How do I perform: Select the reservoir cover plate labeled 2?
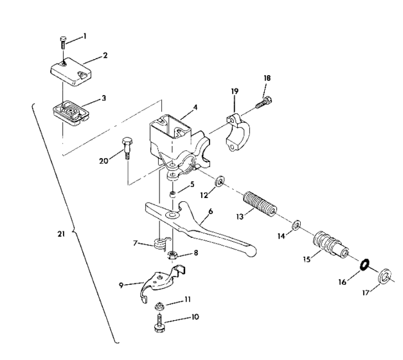tap(71, 73)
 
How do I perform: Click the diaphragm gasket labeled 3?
tap(68, 113)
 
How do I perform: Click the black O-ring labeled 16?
tap(363, 265)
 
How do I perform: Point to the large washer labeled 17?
tap(385, 277)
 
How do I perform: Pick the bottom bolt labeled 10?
tap(158, 321)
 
